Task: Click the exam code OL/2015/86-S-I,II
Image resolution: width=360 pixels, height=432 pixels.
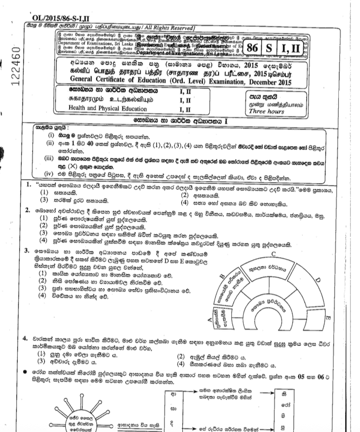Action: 65,18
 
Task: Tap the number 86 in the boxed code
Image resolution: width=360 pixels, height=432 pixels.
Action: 253,50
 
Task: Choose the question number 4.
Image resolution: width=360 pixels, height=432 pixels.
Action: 26,339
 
